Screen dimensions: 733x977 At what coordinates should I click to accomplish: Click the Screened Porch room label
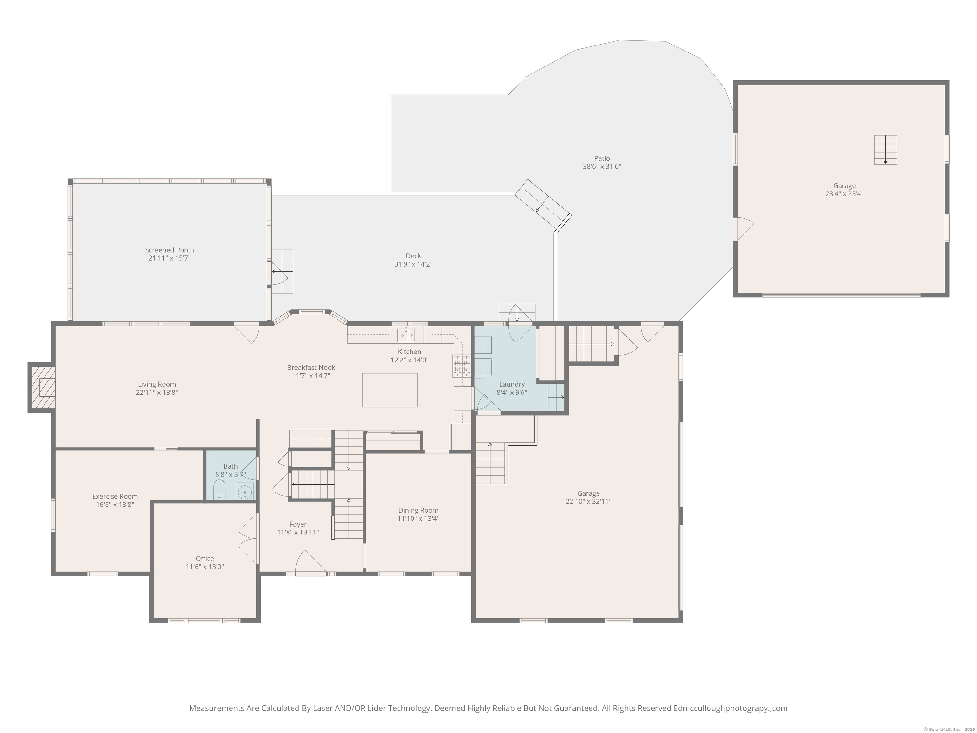[x=169, y=250]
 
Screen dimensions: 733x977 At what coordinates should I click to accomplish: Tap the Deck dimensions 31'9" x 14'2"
[x=413, y=264]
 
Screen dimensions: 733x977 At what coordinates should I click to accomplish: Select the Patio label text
[x=602, y=158]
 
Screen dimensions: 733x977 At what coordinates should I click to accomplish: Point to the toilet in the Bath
[x=219, y=490]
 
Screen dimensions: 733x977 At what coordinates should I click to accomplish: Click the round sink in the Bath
[x=244, y=491]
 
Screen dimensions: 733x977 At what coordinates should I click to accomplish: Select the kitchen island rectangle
[x=389, y=390]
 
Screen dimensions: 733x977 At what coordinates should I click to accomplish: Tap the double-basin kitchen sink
[x=405, y=335]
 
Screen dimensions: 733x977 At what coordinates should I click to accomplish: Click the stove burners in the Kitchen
[x=461, y=366]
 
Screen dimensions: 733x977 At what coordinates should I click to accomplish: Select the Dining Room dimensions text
[x=418, y=518]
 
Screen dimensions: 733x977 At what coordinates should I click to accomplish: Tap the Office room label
[x=204, y=558]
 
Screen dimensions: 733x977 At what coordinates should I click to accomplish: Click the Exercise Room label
[x=115, y=496]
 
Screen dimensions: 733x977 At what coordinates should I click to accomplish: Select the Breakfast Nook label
[x=311, y=367]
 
